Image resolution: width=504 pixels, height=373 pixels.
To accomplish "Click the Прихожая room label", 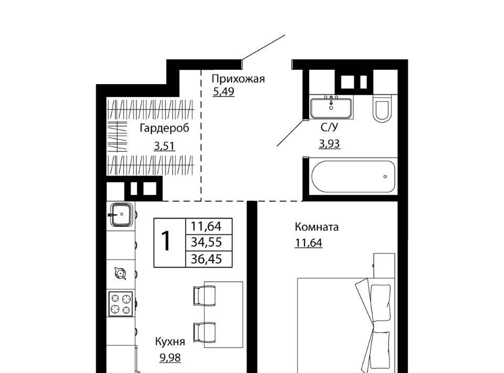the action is point(238,79).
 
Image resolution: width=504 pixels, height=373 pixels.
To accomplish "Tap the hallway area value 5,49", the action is point(224,91).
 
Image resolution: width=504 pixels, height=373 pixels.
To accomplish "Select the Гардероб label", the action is point(164,128).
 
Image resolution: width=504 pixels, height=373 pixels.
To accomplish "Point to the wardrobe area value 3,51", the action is point(164,146).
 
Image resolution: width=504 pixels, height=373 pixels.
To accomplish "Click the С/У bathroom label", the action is point(330,127).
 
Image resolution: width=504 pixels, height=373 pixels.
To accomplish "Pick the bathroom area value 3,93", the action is point(330,144).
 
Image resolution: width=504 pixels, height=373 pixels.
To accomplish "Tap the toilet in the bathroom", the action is point(382,108).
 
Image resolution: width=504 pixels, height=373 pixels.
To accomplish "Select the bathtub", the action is point(353,177).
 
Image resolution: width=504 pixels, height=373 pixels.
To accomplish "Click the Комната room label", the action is point(317,227).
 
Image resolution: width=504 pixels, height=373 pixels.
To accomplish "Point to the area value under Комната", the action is point(309,243).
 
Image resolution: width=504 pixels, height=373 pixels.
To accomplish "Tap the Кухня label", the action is point(170,342).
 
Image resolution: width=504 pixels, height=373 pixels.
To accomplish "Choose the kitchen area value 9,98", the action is point(170,357).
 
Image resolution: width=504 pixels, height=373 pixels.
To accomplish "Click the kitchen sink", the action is point(121,214).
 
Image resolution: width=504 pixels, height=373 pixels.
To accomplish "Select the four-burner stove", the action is point(121,304).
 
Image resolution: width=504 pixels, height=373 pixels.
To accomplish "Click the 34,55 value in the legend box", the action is point(206,242).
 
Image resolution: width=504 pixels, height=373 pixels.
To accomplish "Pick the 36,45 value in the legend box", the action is point(206,259).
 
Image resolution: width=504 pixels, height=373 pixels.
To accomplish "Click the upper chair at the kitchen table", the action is point(204,295).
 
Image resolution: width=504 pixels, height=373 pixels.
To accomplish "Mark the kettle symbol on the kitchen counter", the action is point(120,274).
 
